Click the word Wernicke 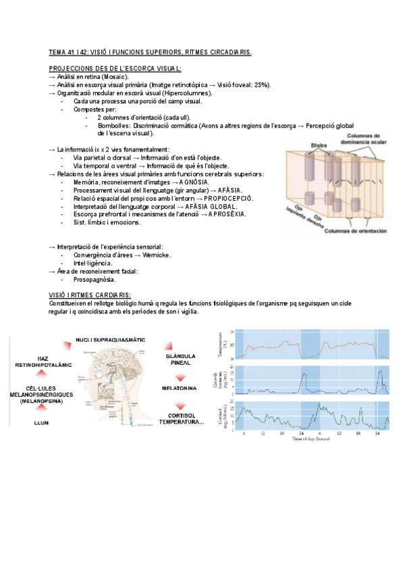pyautogui.click(x=152, y=255)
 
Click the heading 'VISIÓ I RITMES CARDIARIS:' pyautogui.click(x=90, y=295)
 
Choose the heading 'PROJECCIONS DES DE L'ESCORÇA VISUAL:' pyautogui.click(x=115, y=68)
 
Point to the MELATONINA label pyautogui.click(x=180, y=389)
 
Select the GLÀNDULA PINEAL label pyautogui.click(x=180, y=359)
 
